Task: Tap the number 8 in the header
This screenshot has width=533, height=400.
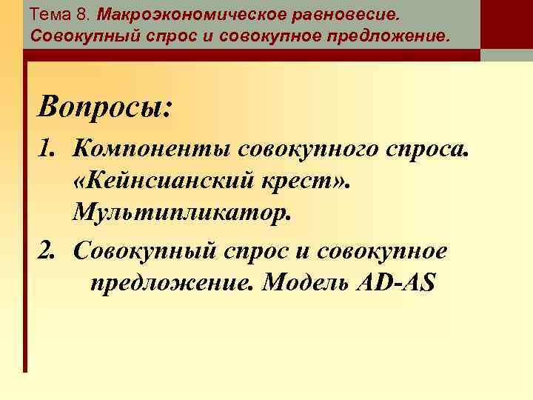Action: pyautogui.click(x=82, y=16)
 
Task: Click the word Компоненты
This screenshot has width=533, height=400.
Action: pyautogui.click(x=151, y=151)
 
